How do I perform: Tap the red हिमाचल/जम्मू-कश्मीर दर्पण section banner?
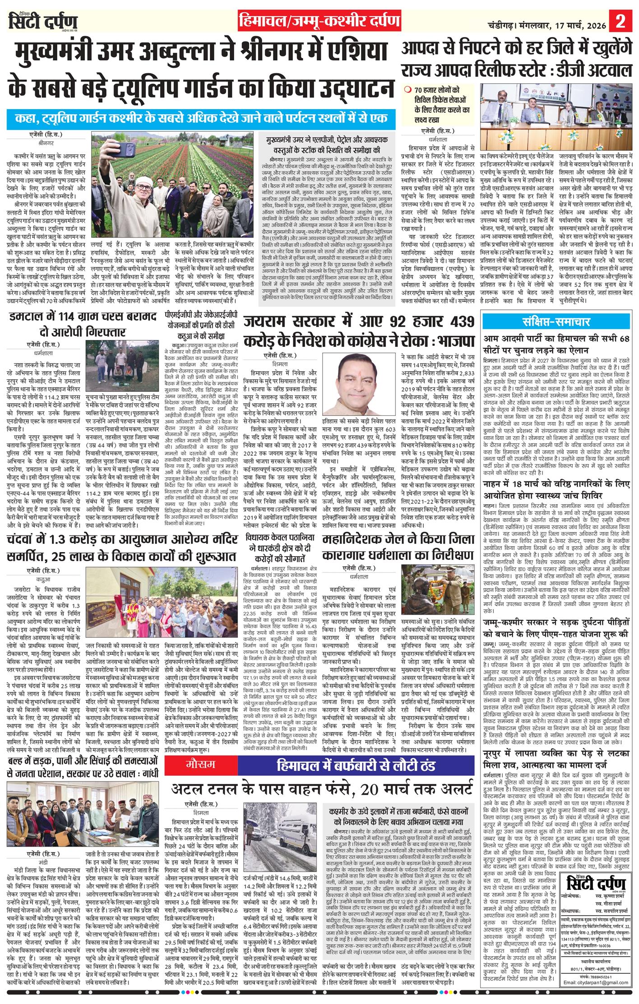[320, 21]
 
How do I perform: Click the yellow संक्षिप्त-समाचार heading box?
[556, 322]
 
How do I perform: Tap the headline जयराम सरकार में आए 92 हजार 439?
[359, 330]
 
